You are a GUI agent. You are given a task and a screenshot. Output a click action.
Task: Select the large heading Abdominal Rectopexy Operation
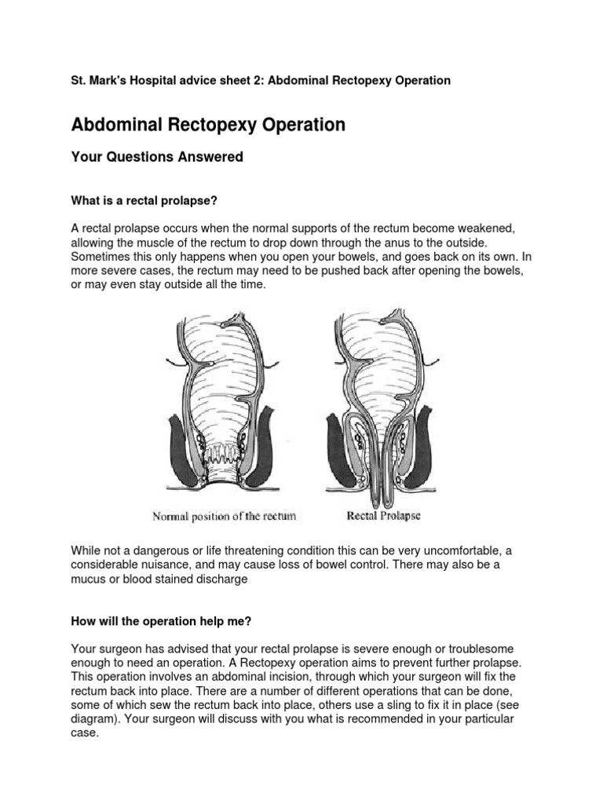pos(208,125)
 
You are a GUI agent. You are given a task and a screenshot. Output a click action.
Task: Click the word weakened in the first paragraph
pos(487,228)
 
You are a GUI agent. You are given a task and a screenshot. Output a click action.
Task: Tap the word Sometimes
pos(101,257)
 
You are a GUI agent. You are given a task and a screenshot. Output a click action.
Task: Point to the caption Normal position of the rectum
pos(224,516)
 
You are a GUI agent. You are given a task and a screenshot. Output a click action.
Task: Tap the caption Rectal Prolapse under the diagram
pos(385,516)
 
